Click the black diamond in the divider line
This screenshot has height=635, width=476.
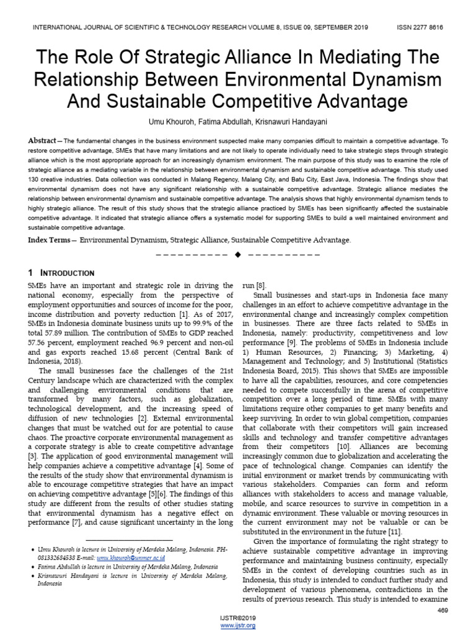(x=238, y=255)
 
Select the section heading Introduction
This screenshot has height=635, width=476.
(x=67, y=273)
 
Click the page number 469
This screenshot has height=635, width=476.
(x=442, y=611)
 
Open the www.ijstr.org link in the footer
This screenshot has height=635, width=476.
(x=238, y=626)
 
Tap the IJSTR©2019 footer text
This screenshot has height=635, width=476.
(x=238, y=618)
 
